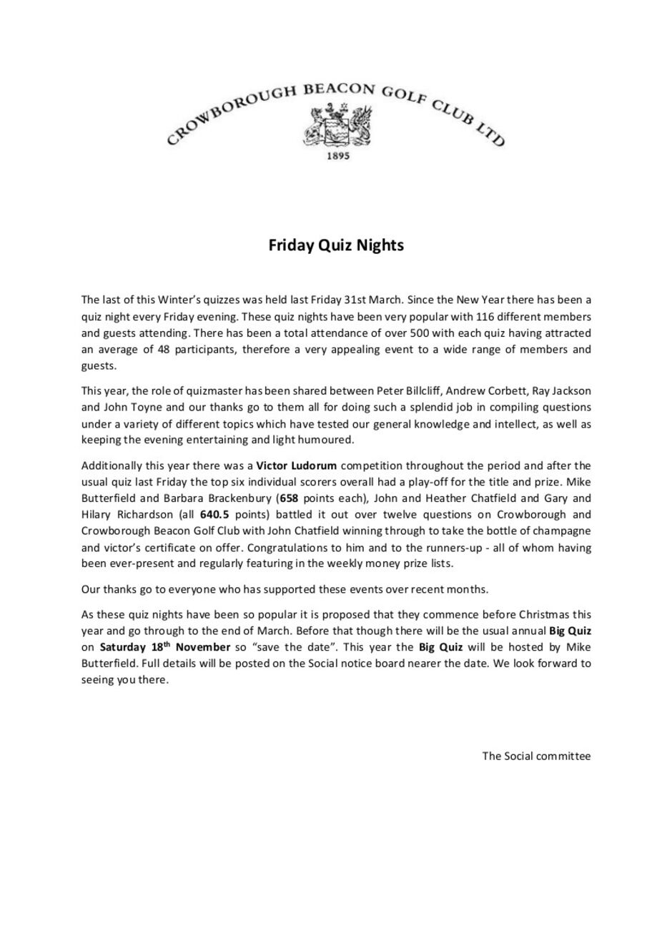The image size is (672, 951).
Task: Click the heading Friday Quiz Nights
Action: click(x=336, y=245)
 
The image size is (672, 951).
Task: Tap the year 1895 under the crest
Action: click(x=337, y=156)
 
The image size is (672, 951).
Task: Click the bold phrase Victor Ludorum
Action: click(x=296, y=465)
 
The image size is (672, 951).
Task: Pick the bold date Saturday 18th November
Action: click(x=164, y=647)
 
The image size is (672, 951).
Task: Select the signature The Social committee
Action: click(x=536, y=756)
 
